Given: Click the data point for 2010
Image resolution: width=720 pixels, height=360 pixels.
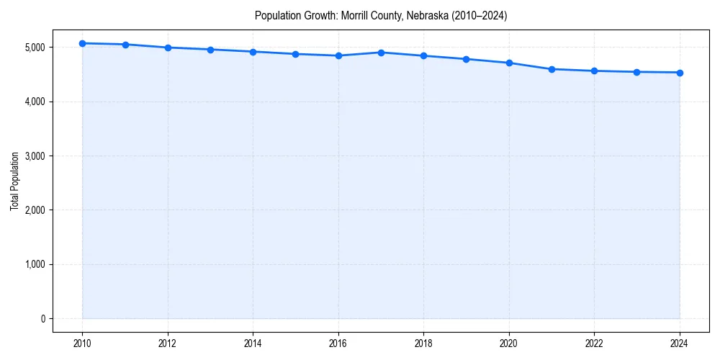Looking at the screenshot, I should tap(83, 43).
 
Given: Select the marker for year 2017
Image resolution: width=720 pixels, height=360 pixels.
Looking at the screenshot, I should tap(381, 53).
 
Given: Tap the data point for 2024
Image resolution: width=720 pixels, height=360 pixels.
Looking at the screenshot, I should tap(680, 73).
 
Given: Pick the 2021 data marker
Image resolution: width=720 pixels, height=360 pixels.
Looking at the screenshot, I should tap(552, 69).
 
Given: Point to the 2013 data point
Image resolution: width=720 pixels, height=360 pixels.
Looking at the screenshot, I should tap(210, 50).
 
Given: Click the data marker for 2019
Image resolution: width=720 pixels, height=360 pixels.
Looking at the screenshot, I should tap(467, 59).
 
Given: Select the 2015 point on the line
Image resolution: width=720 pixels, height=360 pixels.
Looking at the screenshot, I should tap(296, 54).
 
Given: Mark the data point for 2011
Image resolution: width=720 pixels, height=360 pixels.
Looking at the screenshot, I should tap(125, 45).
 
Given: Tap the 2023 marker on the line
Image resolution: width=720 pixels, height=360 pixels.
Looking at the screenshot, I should tap(637, 72).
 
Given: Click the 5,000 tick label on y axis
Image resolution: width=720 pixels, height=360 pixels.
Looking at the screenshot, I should tap(34, 48).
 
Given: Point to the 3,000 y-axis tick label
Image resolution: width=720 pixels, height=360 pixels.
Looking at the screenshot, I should tap(34, 156).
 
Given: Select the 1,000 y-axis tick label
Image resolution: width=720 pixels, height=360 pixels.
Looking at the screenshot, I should tap(34, 265).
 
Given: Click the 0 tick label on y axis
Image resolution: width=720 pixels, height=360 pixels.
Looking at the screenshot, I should tap(42, 319).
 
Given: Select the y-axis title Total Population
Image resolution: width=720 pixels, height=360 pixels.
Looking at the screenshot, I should tap(14, 181).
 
